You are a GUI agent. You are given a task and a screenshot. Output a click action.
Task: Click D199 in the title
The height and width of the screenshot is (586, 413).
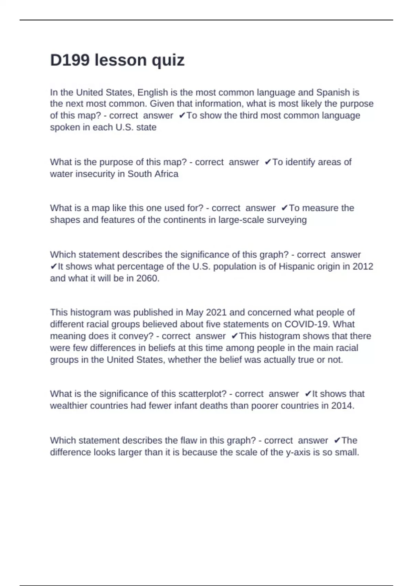(x=70, y=60)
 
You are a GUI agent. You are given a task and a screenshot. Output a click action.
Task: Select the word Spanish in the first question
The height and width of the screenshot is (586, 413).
(x=333, y=92)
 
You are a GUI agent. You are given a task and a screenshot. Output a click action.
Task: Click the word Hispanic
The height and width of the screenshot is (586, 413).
(x=300, y=266)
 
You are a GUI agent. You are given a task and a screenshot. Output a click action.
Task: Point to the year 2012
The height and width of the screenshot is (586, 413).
(x=363, y=266)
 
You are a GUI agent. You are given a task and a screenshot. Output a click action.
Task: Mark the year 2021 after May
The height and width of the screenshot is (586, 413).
(x=216, y=312)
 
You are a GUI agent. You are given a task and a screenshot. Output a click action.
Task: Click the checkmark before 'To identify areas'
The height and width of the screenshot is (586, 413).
(x=268, y=162)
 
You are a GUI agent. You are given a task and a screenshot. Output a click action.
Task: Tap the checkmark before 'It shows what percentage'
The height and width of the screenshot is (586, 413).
(x=54, y=266)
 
